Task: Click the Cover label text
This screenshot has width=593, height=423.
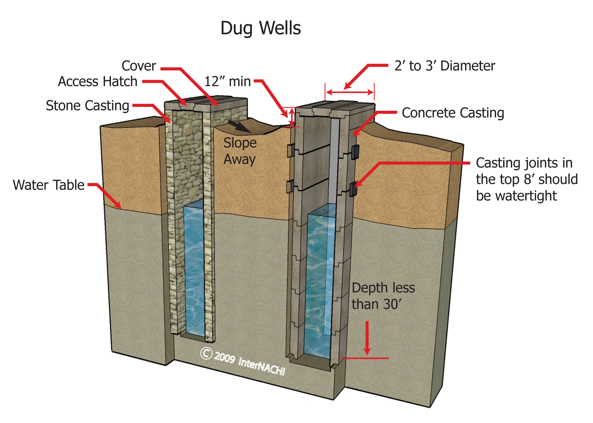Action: pos(139,66)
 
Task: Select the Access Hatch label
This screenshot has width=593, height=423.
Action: pos(98,81)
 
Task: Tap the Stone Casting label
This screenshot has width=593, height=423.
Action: pos(88,105)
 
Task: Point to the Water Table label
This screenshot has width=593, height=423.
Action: pos(49,185)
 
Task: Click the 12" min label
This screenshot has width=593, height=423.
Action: pos(227,81)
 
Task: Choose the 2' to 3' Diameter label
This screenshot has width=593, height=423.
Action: pos(445,66)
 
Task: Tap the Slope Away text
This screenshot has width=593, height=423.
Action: pos(240,151)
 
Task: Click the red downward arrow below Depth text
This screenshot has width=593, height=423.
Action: pos(367,339)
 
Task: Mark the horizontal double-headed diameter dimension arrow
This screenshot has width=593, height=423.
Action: pos(350,92)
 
